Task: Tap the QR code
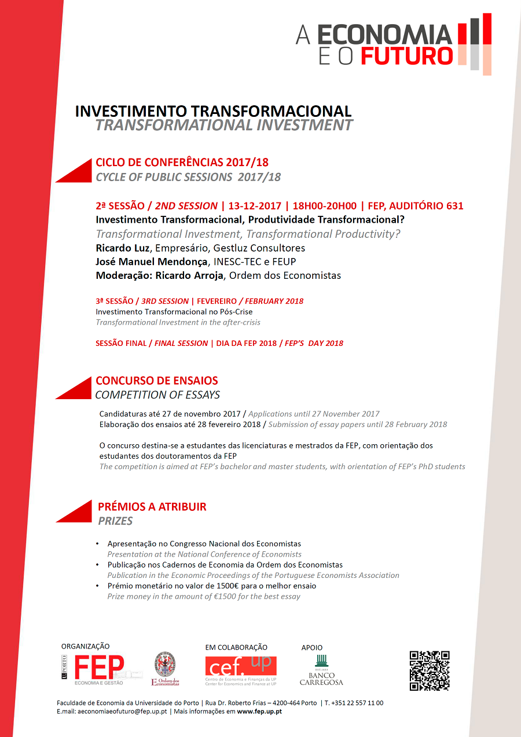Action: [430, 670]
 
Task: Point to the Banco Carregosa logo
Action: [321, 670]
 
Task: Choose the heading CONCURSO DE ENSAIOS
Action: [157, 381]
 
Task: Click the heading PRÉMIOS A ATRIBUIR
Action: [152, 507]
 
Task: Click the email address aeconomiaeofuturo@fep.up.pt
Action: [123, 711]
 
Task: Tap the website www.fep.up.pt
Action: [259, 711]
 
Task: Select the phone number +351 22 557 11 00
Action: [357, 703]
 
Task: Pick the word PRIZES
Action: [115, 521]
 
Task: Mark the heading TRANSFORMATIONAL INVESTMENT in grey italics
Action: [224, 125]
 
